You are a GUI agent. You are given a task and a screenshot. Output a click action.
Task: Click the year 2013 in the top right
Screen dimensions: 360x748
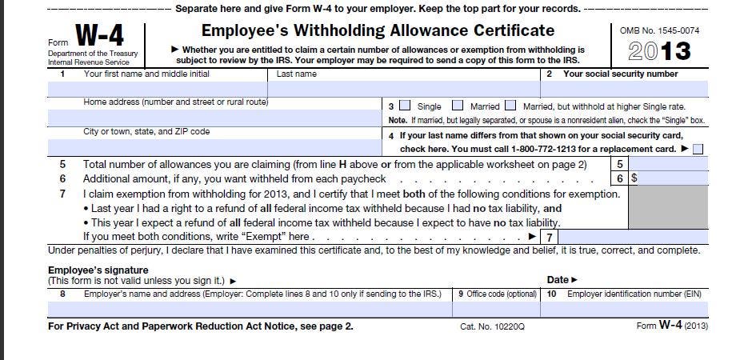(x=659, y=52)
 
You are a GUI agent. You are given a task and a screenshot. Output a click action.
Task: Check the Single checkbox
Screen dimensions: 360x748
(x=405, y=106)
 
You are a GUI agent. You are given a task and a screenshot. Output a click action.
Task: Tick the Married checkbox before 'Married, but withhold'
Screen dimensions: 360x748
(x=458, y=106)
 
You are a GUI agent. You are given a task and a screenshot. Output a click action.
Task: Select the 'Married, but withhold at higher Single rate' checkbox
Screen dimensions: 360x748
(x=510, y=106)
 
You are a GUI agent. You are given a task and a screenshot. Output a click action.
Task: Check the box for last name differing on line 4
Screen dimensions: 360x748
(x=698, y=149)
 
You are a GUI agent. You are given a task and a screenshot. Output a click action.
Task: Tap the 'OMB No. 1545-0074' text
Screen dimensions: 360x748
(x=658, y=30)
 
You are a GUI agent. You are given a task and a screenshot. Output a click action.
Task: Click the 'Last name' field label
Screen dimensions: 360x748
(x=296, y=74)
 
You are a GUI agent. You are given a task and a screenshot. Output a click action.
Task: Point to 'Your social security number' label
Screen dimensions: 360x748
(x=620, y=74)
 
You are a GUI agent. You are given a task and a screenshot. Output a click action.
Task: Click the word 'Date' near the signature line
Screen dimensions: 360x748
(x=558, y=280)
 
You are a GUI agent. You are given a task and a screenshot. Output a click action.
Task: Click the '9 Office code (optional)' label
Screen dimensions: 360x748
(x=497, y=294)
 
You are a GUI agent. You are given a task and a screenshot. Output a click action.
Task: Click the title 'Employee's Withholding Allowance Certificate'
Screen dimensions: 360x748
(x=378, y=31)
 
